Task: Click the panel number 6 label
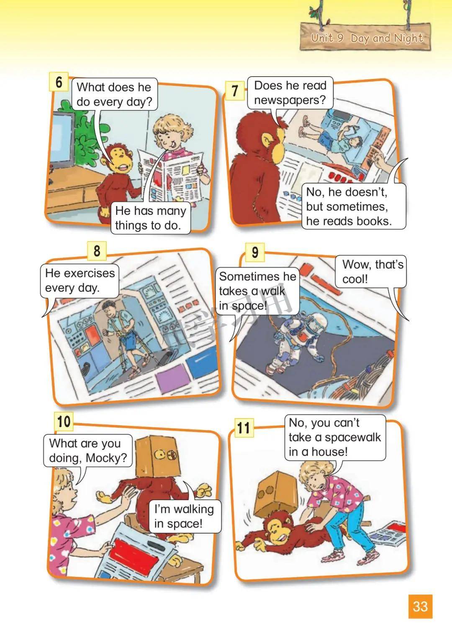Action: pos(59,82)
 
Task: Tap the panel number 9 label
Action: pos(255,253)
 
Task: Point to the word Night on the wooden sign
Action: pos(408,38)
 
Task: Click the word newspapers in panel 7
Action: pos(290,100)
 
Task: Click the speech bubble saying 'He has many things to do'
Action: pos(151,218)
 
